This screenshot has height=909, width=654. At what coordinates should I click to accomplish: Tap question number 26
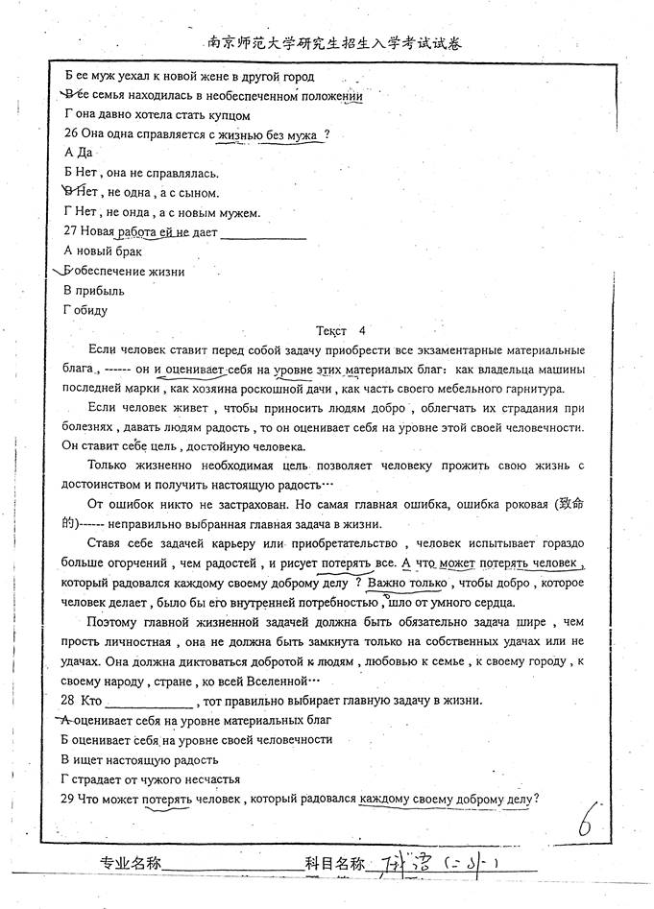pyautogui.click(x=72, y=135)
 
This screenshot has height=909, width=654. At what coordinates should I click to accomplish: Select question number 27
pyautogui.click(x=72, y=232)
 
